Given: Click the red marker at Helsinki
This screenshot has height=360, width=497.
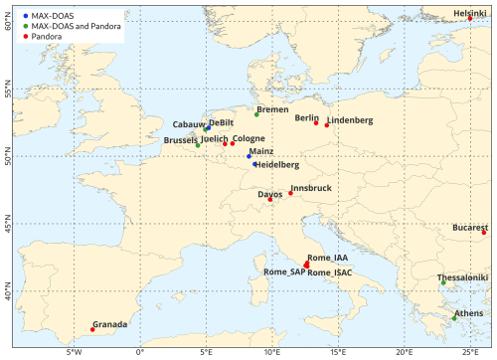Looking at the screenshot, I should tap(470, 18).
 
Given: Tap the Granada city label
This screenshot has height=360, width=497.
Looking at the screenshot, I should tap(109, 324).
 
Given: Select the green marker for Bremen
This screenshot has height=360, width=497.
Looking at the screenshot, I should tap(256, 114).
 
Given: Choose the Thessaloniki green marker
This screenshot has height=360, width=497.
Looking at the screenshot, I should tap(443, 283).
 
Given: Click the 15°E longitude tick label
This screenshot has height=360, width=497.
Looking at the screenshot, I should tap(338, 351).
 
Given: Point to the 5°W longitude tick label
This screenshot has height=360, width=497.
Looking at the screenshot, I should tap(73, 351).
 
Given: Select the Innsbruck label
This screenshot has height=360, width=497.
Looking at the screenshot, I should tap(311, 187).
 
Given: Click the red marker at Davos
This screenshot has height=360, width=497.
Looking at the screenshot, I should tap(270, 199).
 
